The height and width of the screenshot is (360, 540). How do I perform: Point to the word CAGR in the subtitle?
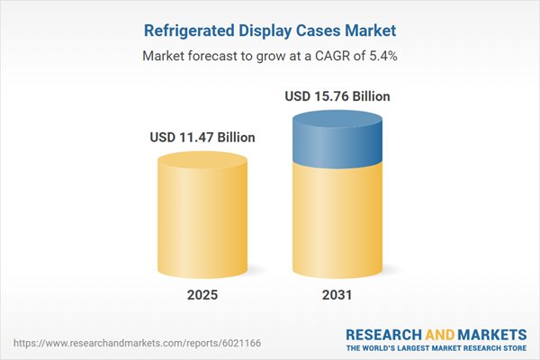(319, 56)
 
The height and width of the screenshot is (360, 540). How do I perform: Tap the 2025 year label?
(202, 295)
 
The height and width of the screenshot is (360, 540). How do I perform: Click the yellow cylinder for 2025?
(202, 220)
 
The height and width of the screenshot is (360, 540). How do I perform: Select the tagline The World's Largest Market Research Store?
(438, 347)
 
